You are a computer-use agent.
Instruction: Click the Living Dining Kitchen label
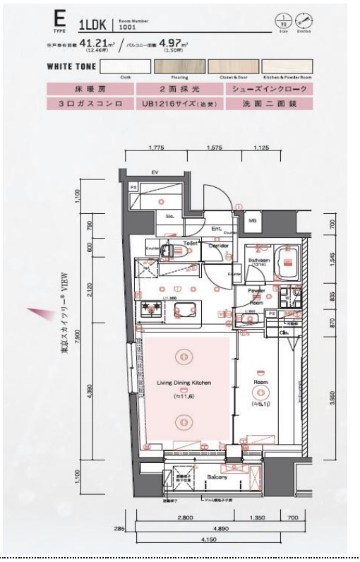[184, 383]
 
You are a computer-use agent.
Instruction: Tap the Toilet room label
[188, 242]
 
